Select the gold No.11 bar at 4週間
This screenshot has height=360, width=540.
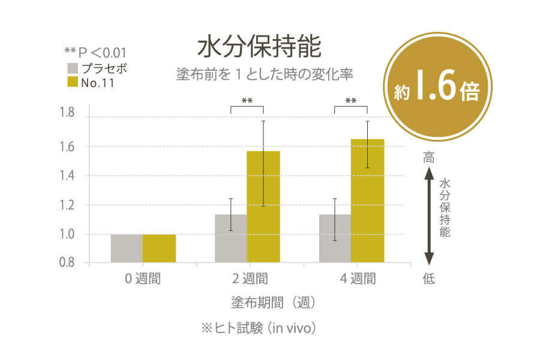pos(367,200)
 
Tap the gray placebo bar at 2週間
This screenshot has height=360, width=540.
pos(231,238)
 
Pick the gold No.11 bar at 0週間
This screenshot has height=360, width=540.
pos(159,248)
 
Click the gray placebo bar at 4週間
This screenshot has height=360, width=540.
pos(335,238)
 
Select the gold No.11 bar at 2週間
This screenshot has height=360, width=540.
pos(263,206)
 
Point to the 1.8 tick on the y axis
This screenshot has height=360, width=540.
pos(67,113)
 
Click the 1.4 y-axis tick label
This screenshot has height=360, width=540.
pos(67,176)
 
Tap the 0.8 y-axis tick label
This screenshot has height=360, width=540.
pos(67,263)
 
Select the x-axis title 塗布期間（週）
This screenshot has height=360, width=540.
pos(273,301)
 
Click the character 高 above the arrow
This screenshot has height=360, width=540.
pos(428,158)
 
